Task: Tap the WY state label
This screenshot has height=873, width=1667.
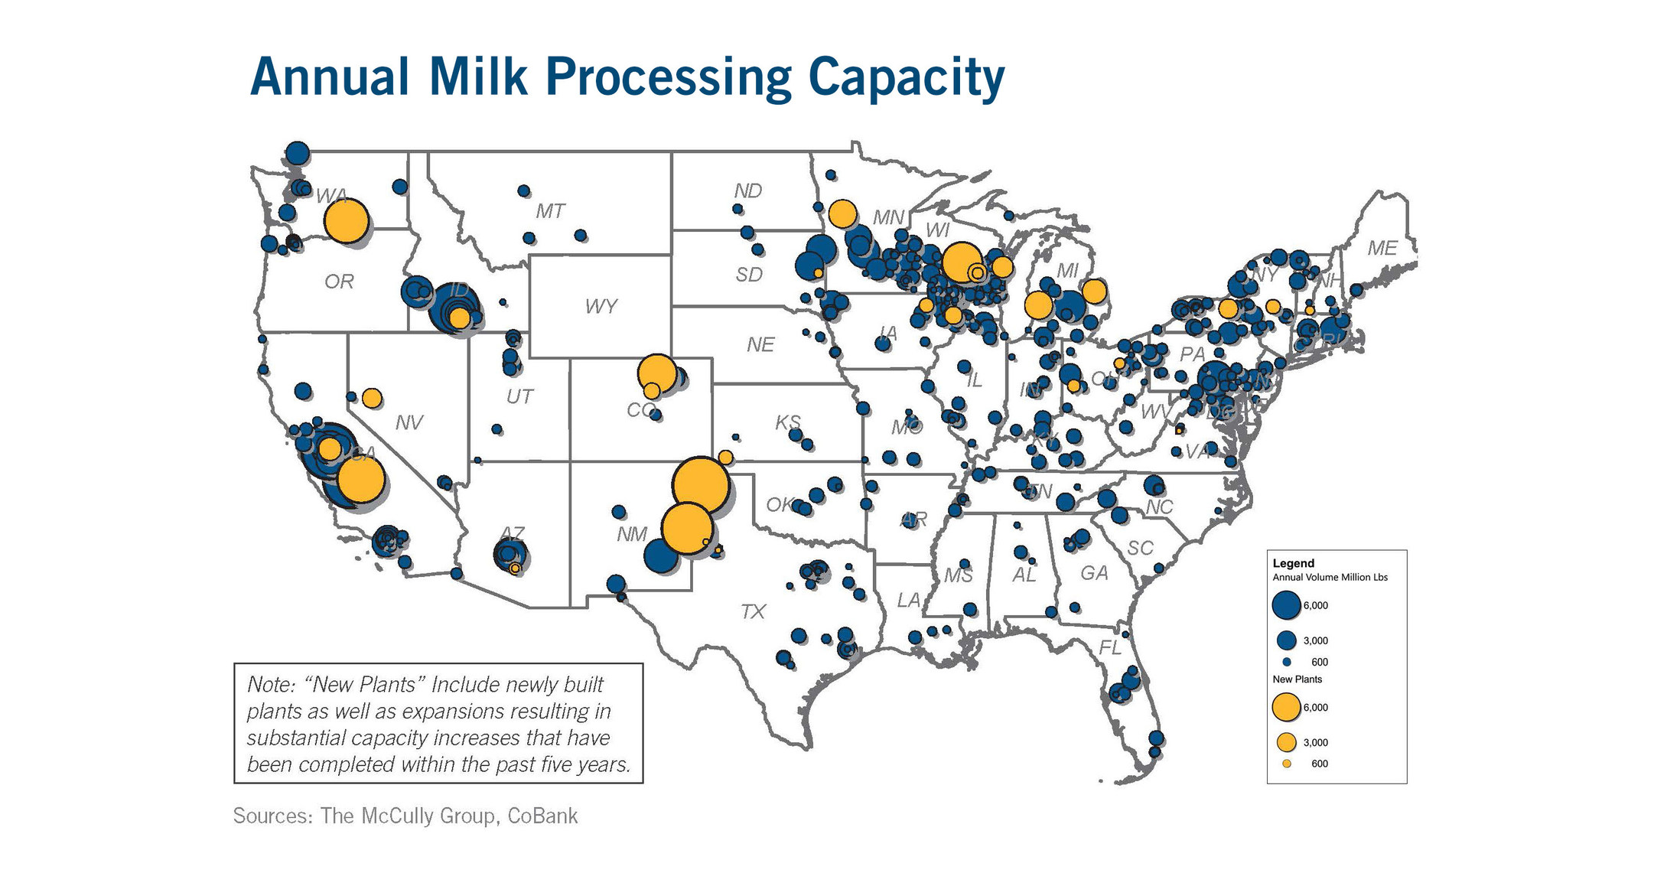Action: coord(601,307)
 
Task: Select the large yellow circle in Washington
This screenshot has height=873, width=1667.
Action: coord(347,221)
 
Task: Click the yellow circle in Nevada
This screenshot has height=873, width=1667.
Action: coord(372,398)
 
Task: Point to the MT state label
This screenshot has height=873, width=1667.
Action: coord(549,211)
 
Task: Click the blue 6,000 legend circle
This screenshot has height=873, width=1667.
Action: coord(1286,604)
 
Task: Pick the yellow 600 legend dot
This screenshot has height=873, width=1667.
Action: coord(1286,764)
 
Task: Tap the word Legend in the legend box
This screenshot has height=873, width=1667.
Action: coord(1293,563)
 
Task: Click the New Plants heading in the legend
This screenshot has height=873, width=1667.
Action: coord(1297,679)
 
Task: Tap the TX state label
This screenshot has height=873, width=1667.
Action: coord(753,611)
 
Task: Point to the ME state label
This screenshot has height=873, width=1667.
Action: coord(1382,248)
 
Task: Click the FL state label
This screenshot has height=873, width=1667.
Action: coord(1109,648)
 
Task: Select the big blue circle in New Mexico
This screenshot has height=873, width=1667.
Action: coord(661,556)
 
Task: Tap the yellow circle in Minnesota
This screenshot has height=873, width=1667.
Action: coord(842,214)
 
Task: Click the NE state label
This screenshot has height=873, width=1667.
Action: coord(760,345)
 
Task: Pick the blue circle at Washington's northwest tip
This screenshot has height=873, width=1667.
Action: coord(298,153)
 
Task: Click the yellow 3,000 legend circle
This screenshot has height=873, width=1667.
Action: coord(1286,742)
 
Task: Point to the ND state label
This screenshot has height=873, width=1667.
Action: coord(747,191)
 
